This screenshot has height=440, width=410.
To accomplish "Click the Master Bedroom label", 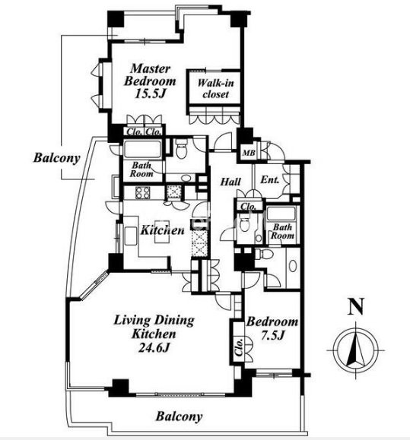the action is [x=151, y=75].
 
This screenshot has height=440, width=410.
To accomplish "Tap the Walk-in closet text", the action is [x=216, y=88].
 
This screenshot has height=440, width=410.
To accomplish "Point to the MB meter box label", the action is [x=249, y=153].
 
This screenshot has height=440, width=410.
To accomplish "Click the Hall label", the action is [x=230, y=182].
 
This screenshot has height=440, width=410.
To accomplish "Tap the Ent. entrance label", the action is [x=269, y=179].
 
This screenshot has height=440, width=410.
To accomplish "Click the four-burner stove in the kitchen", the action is [x=143, y=192].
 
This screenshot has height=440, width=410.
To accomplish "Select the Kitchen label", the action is [x=162, y=230].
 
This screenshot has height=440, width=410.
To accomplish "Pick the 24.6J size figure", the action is [x=154, y=348].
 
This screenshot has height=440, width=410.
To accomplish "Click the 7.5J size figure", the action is [x=272, y=335].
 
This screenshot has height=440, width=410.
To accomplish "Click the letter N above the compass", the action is [x=356, y=306].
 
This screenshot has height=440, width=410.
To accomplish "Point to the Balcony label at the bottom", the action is [x=179, y=416].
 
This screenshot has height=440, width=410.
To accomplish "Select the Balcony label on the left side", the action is [x=57, y=158].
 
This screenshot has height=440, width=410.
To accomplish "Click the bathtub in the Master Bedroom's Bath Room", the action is [x=142, y=149].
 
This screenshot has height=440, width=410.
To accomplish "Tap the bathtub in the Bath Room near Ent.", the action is [x=281, y=214].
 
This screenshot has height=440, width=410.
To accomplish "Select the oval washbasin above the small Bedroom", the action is [x=293, y=266].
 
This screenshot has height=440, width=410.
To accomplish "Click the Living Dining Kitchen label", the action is [x=154, y=328].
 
